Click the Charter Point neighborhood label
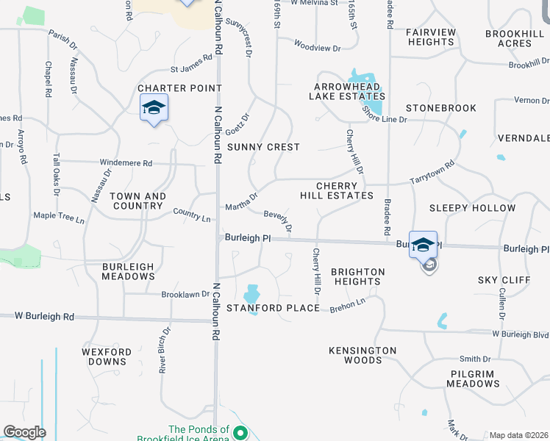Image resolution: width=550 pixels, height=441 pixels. click(x=169, y=88)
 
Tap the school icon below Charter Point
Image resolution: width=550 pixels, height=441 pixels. click(x=154, y=109)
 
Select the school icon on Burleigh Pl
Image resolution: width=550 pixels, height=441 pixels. click(x=423, y=245)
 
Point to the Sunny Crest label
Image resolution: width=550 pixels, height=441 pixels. click(x=263, y=147)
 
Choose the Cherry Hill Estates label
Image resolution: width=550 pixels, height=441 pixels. click(x=337, y=191)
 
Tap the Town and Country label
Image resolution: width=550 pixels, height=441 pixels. click(x=138, y=201)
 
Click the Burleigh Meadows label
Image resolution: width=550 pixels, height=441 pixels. click(x=129, y=271)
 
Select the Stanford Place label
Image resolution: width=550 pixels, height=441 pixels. click(x=273, y=307)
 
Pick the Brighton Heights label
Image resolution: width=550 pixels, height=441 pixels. click(x=357, y=276)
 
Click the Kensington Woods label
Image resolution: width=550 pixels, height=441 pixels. click(x=362, y=355)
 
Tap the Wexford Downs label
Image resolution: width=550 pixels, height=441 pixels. click(x=107, y=356)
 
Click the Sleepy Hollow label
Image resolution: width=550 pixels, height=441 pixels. click(x=472, y=208)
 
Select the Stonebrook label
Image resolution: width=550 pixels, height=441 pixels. click(x=441, y=108)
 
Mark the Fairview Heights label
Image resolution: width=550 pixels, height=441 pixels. click(x=431, y=37)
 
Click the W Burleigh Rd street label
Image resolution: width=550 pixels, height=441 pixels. click(x=45, y=317)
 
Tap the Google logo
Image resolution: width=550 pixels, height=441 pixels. click(x=24, y=432)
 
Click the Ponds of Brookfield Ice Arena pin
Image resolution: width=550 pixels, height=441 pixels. click(x=240, y=434)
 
